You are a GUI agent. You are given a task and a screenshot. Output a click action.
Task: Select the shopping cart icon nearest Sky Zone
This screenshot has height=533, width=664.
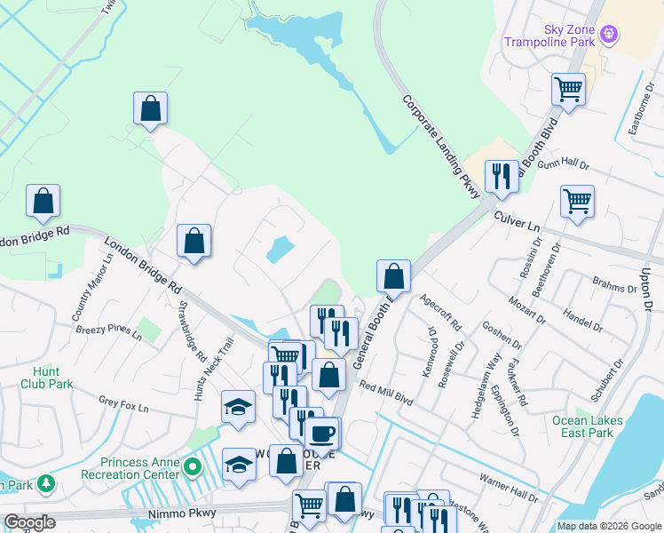click(568, 90)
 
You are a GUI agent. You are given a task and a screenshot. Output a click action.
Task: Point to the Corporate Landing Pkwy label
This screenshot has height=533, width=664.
click(441, 147)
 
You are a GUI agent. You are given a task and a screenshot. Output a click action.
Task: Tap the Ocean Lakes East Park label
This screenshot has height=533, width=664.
click(582, 426)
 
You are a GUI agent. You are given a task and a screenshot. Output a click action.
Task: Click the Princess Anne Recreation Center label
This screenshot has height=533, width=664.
click(141, 468)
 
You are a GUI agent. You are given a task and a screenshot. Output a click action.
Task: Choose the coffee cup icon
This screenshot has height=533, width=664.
click(321, 434)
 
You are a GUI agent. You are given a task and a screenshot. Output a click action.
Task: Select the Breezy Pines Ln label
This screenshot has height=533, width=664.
click(108, 331)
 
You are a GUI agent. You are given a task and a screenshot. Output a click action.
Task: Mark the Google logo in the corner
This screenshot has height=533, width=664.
click(29, 522)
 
